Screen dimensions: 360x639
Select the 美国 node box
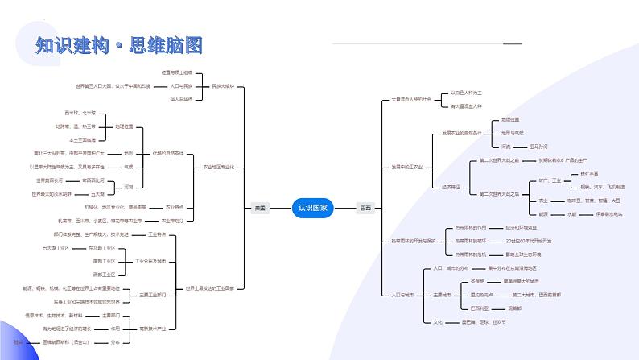coord(259,207)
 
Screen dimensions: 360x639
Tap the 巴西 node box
coord(365,207)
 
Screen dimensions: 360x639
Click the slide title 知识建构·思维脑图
coord(119,45)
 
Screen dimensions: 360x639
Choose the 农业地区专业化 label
coord(218,167)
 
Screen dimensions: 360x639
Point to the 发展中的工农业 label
coord(407,167)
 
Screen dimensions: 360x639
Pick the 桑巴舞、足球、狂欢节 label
coord(476,322)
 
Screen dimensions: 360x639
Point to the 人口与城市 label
coord(402,295)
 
